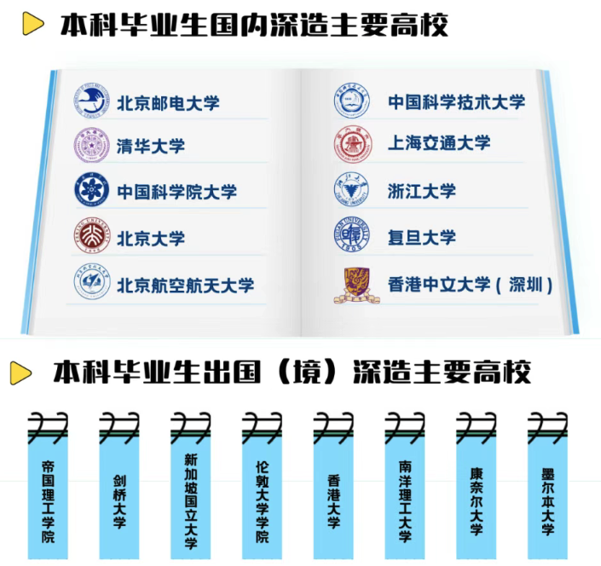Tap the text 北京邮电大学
[x=168, y=102]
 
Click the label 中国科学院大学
[x=176, y=192]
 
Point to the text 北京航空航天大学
[x=185, y=284]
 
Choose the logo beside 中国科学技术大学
[x=351, y=102]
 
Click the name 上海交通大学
[x=439, y=143]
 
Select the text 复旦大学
[x=422, y=237]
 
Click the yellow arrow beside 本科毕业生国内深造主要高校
[x=32, y=24]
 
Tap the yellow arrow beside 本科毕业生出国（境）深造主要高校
[x=21, y=373]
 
